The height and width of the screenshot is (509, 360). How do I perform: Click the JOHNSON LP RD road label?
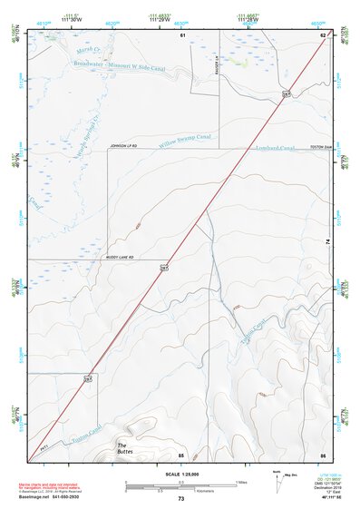pyautogui.click(x=127, y=145)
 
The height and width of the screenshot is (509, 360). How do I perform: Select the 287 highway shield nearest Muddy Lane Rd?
pyautogui.click(x=165, y=269)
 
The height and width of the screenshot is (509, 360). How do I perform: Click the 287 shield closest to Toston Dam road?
pyautogui.click(x=287, y=93)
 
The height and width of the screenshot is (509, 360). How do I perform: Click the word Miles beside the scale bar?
pyautogui.click(x=241, y=481)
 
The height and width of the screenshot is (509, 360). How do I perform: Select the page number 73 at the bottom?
pyautogui.click(x=180, y=499)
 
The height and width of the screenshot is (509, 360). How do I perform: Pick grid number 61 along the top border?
pyautogui.click(x=182, y=34)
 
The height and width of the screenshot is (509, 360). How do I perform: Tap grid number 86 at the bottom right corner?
pyautogui.click(x=322, y=454)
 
